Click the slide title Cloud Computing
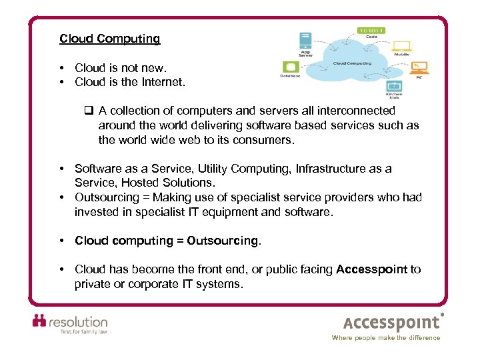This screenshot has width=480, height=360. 109,39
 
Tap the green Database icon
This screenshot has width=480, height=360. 290,67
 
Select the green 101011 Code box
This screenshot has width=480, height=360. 372,31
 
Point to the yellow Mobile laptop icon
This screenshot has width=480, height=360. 401,47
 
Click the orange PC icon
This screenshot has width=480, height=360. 419,67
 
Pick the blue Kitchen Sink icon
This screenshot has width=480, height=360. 395,85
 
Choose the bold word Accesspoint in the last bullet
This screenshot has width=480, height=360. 371,269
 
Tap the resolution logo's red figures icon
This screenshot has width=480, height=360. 40,321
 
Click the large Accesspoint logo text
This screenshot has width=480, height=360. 392,323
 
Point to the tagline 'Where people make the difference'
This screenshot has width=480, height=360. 386,338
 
